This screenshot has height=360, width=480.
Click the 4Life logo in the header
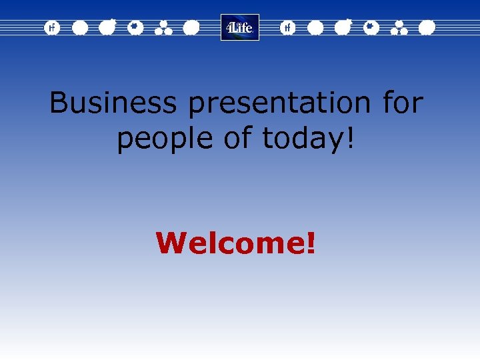point(240,27)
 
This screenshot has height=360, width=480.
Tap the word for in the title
point(403,103)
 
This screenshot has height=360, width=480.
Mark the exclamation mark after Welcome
point(310,243)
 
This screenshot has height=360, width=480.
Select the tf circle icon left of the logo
point(51,27)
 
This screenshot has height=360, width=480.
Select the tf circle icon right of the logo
point(287,27)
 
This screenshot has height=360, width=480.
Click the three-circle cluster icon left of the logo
point(163,27)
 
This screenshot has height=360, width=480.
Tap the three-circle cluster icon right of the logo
point(399,27)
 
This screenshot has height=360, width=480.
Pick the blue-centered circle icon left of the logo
point(135,27)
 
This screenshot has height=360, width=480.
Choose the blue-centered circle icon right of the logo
point(371,27)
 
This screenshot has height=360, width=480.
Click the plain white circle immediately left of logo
point(191,27)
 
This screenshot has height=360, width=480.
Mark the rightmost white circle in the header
point(427,27)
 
